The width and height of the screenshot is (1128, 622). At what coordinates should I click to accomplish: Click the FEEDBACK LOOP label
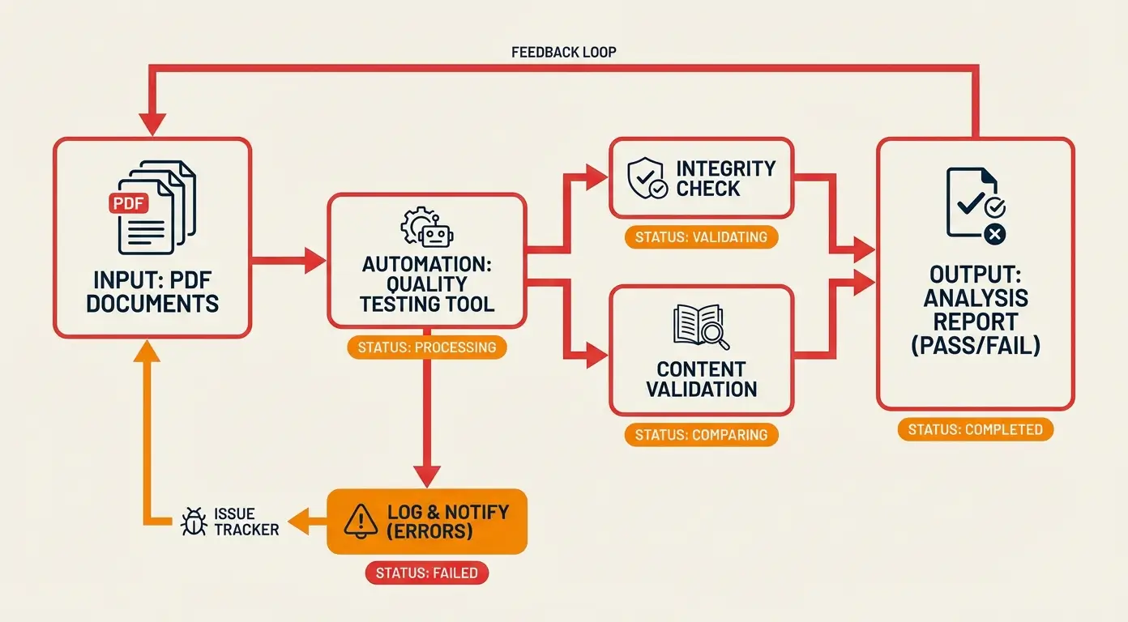click(563, 52)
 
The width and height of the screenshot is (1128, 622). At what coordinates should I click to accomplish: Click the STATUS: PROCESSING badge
click(427, 347)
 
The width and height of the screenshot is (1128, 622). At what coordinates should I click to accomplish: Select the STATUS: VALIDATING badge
click(701, 237)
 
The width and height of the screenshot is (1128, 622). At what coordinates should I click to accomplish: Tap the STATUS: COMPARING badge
click(701, 435)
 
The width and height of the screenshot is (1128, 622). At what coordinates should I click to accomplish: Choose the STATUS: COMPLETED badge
click(975, 429)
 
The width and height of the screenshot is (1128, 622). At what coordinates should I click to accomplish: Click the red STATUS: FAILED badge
click(427, 573)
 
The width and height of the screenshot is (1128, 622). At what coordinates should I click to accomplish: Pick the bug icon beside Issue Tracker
click(194, 522)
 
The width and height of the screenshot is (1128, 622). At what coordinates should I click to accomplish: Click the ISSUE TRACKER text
click(246, 522)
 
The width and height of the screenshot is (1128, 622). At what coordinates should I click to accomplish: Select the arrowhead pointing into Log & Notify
click(427, 475)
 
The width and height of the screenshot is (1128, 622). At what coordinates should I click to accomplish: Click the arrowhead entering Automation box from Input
click(315, 261)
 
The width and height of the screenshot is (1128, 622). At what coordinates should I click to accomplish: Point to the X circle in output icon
click(994, 235)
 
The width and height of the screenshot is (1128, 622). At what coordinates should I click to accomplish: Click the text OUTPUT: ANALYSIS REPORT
click(975, 310)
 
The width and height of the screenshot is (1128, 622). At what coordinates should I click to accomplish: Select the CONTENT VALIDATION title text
click(701, 378)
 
